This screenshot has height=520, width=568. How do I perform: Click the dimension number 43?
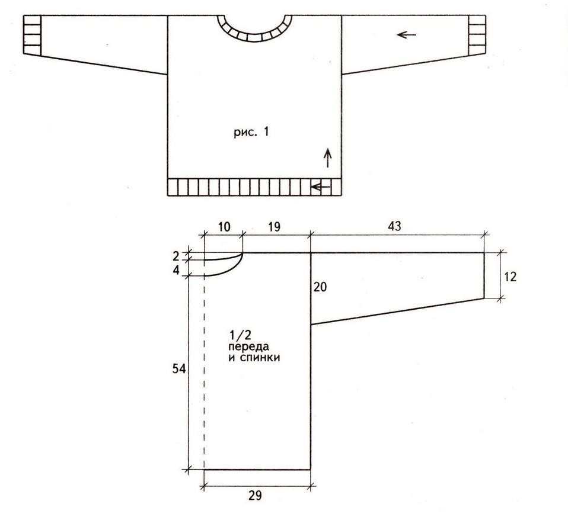[394, 226]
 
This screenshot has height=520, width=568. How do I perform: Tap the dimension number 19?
[275, 227]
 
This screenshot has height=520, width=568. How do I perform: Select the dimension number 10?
[224, 227]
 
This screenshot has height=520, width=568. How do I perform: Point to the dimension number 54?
[179, 369]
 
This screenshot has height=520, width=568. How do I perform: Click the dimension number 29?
[255, 495]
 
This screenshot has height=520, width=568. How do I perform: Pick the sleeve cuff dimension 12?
[510, 277]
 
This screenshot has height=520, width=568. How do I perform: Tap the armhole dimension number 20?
[320, 287]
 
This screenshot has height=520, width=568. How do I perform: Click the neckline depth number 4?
[177, 270]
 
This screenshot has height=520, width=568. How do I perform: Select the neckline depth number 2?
[176, 256]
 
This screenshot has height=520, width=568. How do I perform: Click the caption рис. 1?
[251, 132]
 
